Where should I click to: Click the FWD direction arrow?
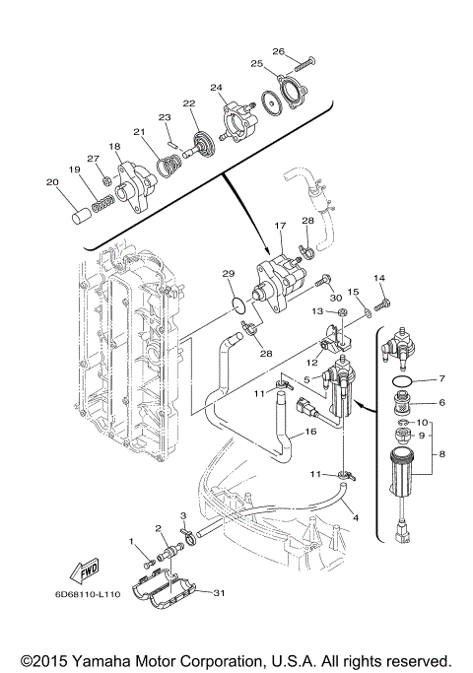pos(84,570)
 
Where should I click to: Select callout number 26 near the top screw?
pos(279,51)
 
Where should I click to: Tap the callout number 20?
pos(52,182)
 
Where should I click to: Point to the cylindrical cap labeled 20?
pos(80,215)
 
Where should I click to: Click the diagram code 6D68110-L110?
pos(88,594)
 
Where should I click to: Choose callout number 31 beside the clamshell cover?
pos(219,593)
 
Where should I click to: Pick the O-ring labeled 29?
pos(238,304)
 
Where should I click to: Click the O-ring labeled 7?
pos(403,380)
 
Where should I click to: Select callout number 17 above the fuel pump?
pos(280,225)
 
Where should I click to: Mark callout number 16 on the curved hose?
pos(310,432)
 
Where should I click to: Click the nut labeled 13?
pos(343,312)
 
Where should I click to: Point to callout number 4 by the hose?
pos(356,518)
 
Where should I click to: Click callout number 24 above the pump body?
pos(217,88)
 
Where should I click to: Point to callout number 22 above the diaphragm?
pos(189,103)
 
